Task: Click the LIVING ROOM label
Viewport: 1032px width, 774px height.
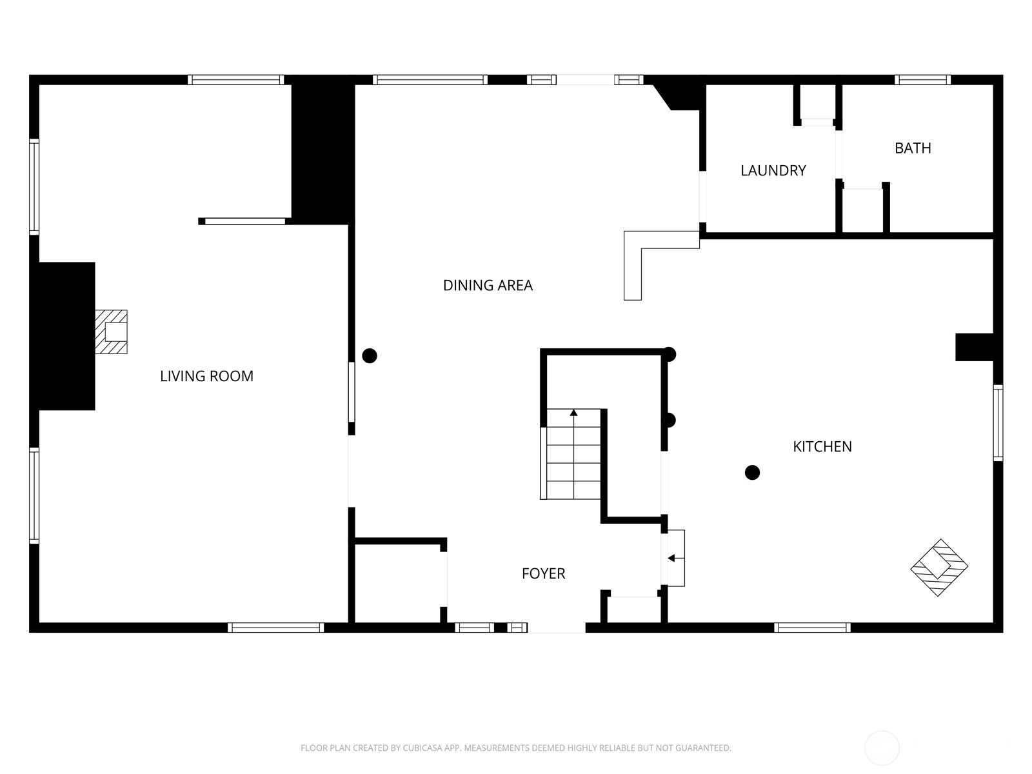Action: (x=206, y=376)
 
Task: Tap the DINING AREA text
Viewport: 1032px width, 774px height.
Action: (x=488, y=285)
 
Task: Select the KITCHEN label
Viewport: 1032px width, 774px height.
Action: (x=822, y=446)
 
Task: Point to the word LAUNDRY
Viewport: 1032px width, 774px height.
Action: (x=773, y=170)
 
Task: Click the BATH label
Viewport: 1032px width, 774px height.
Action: (x=913, y=148)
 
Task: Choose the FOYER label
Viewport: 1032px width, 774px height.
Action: (x=543, y=573)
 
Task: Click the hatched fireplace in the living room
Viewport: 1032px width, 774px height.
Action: (x=112, y=332)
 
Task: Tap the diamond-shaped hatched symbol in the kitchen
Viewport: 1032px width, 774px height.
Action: (x=939, y=568)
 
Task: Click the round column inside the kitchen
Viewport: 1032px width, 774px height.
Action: (x=752, y=473)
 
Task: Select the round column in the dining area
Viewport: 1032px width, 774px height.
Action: (x=370, y=355)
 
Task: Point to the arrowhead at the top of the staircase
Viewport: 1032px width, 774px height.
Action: (x=573, y=412)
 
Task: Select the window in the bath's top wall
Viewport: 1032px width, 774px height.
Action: (x=922, y=80)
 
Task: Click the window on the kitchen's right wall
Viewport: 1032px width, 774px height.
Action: (x=998, y=422)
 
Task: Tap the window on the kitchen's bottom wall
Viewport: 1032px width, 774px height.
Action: (x=812, y=628)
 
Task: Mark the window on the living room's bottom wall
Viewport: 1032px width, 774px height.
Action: (x=275, y=628)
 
